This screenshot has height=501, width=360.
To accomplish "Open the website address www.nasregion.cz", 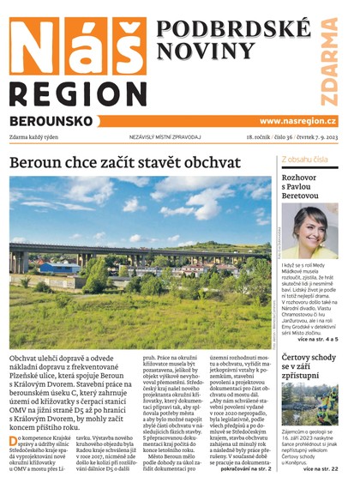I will (x=297, y=122).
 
